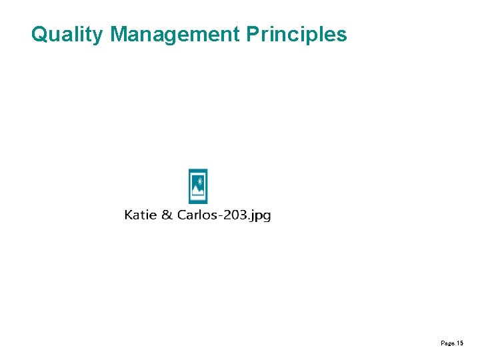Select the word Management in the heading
[174, 34]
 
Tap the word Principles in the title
[297, 34]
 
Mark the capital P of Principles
[252, 34]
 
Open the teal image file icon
[198, 186]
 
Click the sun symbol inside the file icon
[198, 179]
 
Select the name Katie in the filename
[140, 215]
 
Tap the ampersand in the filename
[166, 215]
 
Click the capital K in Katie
[129, 215]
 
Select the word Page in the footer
[447, 343]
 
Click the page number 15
[460, 343]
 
